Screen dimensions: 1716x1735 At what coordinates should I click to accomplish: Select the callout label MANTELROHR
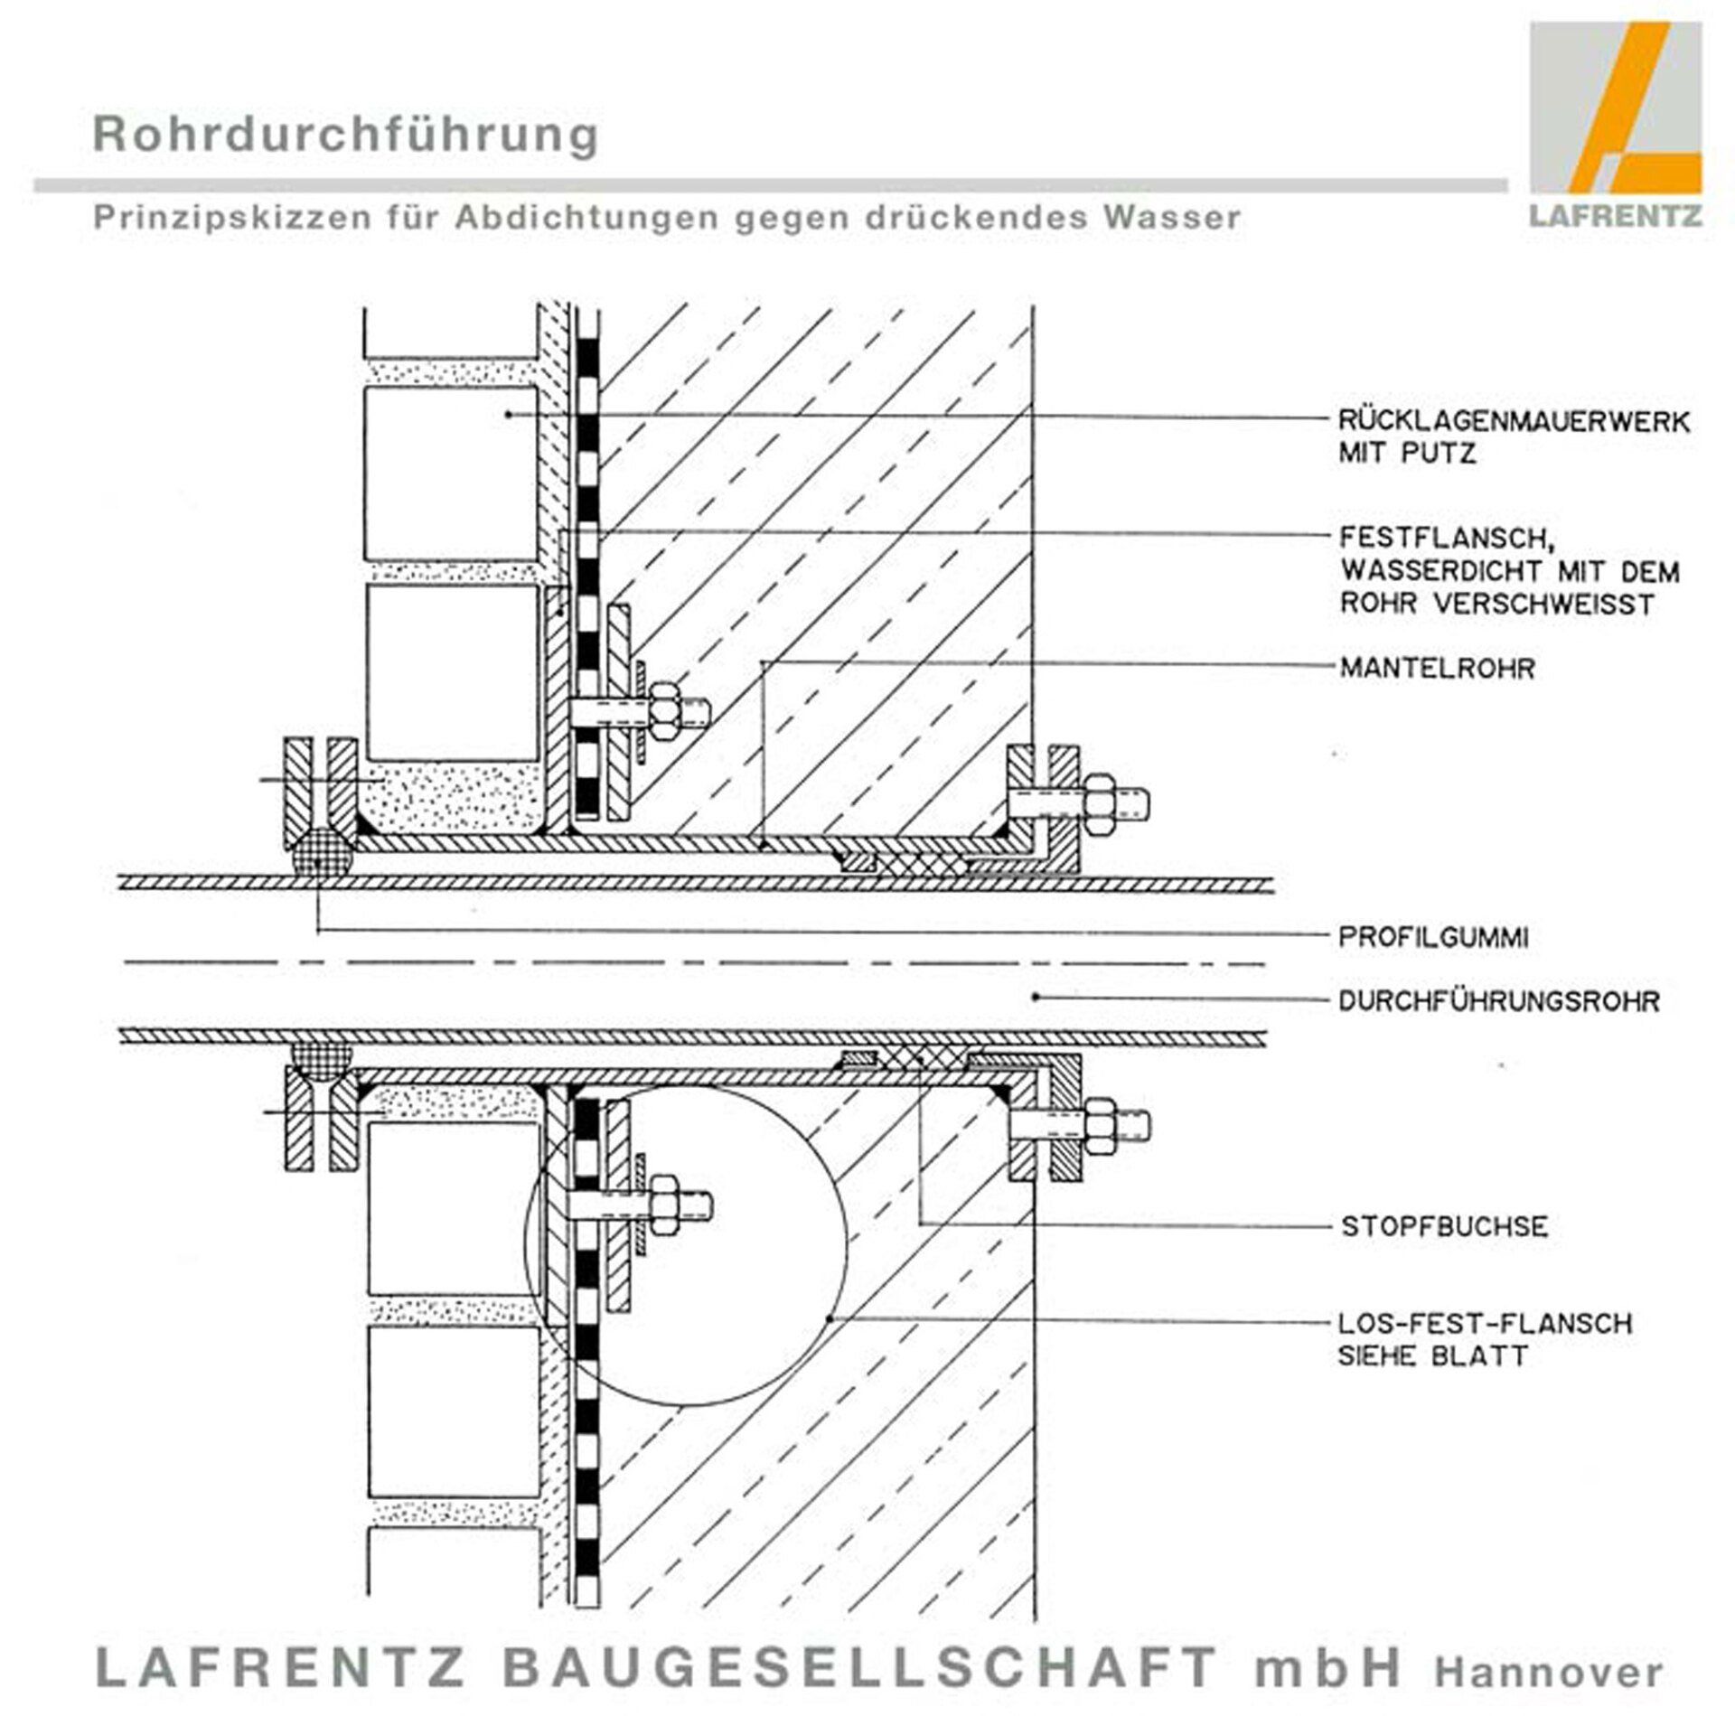[x=1437, y=669]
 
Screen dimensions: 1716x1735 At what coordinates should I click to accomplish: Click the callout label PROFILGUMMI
[x=1433, y=937]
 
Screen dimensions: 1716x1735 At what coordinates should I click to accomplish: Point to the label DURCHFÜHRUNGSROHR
[x=1498, y=1001]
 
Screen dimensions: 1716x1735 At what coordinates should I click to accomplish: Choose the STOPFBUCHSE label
[x=1444, y=1226]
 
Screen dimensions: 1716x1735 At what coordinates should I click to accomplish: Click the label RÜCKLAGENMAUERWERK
[x=1514, y=421]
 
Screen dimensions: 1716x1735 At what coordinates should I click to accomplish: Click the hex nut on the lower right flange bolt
[x=1102, y=1126]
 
